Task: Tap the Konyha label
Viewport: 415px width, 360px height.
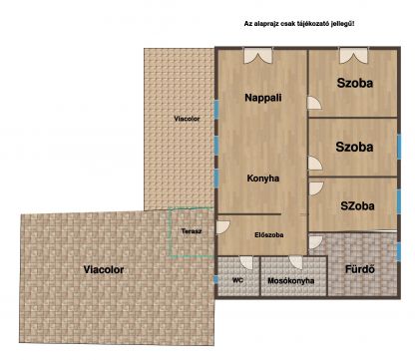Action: coord(261,179)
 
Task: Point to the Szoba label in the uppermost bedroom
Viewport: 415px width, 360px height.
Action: coord(354,84)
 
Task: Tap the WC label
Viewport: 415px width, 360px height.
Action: coord(237,280)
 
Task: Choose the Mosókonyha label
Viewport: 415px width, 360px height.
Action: coord(291,281)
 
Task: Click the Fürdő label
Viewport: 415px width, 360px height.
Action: coord(358,268)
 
